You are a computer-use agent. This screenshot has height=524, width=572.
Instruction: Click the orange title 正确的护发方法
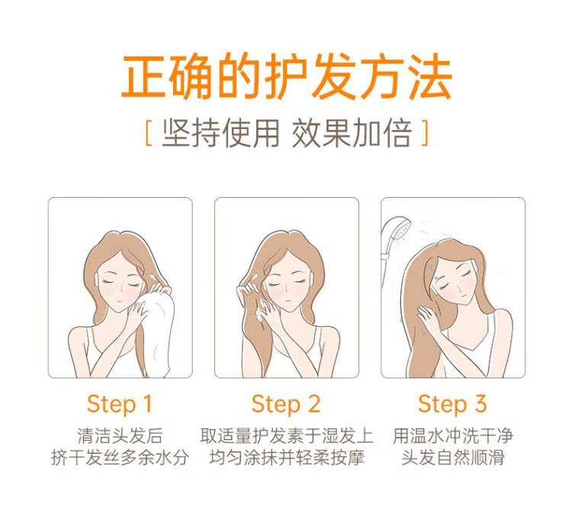[286, 76]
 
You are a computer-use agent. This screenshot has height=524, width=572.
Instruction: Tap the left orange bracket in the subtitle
[148, 133]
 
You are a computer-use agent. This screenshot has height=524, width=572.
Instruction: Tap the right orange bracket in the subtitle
[425, 133]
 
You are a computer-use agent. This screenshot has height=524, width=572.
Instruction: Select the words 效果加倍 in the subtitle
[352, 133]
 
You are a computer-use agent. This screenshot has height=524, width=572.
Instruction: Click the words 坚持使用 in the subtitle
[220, 133]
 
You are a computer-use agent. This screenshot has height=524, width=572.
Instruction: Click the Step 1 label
[119, 404]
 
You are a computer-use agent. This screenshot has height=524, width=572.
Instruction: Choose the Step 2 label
[286, 404]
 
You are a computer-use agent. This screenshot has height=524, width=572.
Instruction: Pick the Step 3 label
[452, 404]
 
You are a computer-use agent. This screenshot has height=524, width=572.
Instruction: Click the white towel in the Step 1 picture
[157, 329]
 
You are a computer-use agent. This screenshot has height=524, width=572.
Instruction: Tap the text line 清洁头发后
[120, 435]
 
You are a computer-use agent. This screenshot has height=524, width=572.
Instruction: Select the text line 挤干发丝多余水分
[120, 458]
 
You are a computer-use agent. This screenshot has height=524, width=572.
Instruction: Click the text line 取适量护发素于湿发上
[286, 435]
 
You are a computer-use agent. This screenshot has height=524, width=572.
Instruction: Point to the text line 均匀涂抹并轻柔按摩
[287, 458]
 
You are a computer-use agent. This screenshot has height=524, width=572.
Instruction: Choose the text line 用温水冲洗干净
[453, 435]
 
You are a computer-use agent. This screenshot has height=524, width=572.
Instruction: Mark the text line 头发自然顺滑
[453, 458]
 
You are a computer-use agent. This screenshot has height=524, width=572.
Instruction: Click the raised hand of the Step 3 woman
[428, 316]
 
